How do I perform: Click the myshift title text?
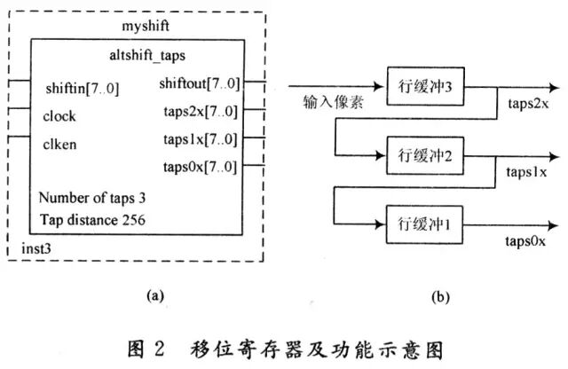(146, 27)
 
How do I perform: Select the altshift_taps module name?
(147, 55)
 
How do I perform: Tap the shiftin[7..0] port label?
(83, 89)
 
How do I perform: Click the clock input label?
(59, 116)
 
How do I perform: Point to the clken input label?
(59, 144)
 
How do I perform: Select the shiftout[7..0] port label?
(200, 83)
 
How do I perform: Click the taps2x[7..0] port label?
(201, 112)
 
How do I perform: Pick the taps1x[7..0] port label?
(201, 139)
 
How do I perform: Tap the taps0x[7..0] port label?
(200, 167)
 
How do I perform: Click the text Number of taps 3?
(92, 198)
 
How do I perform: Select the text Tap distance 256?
(92, 220)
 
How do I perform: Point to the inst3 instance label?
(36, 248)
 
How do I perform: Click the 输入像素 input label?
(333, 102)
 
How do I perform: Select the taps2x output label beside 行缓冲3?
(528, 104)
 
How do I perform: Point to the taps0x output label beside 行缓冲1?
(525, 240)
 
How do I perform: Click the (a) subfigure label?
(155, 296)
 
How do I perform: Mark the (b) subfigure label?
(440, 297)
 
